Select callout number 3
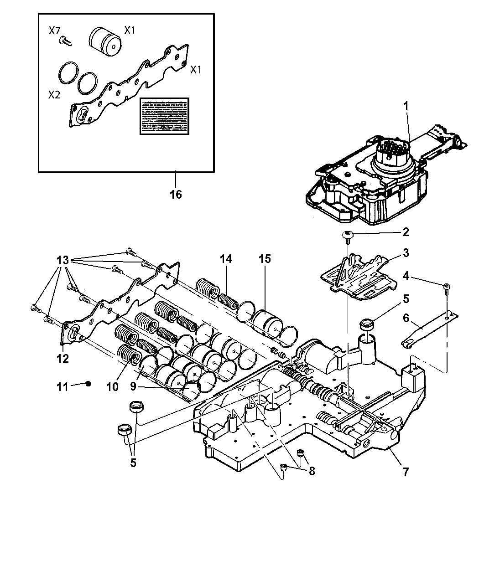pyautogui.click(x=405, y=253)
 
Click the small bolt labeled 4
pyautogui.click(x=445, y=286)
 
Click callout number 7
pyautogui.click(x=406, y=471)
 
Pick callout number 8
pyautogui.click(x=312, y=471)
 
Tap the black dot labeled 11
pyautogui.click(x=89, y=384)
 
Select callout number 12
pyautogui.click(x=62, y=358)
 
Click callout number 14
pyautogui.click(x=225, y=259)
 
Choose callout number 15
pyautogui.click(x=264, y=259)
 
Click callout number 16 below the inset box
pyautogui.click(x=176, y=195)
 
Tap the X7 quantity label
pyautogui.click(x=55, y=31)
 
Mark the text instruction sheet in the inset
pyautogui.click(x=164, y=116)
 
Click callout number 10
pyautogui.click(x=112, y=387)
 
